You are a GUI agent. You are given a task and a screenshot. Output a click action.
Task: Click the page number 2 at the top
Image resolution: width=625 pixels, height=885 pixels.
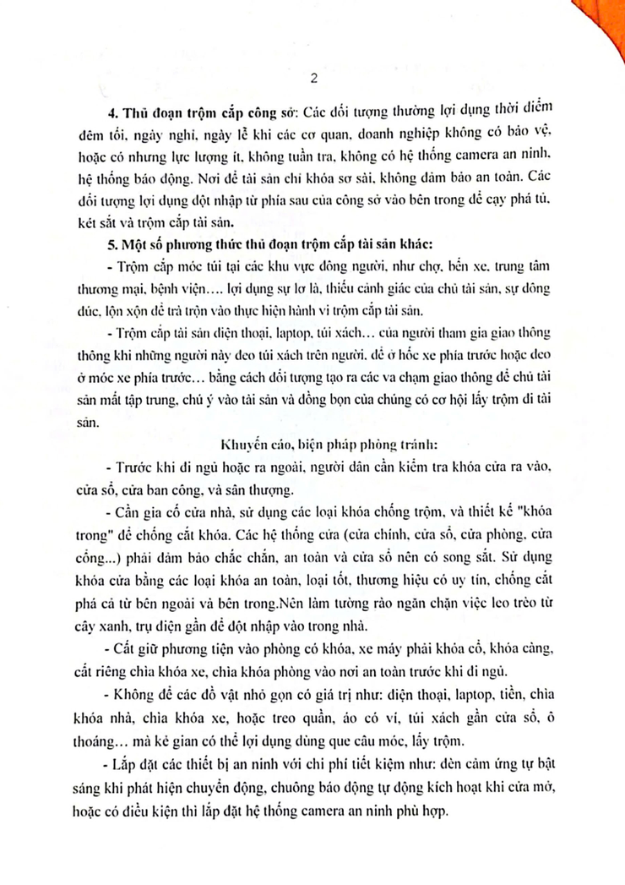(313, 80)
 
